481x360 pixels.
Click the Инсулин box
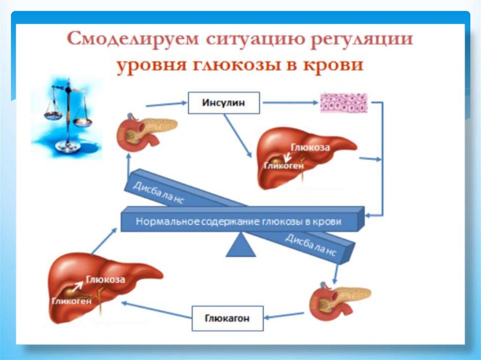point(224,103)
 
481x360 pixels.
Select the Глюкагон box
point(227,319)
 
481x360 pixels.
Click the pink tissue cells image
point(343,102)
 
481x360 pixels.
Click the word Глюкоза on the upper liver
point(310,147)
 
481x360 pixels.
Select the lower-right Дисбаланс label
point(310,245)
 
